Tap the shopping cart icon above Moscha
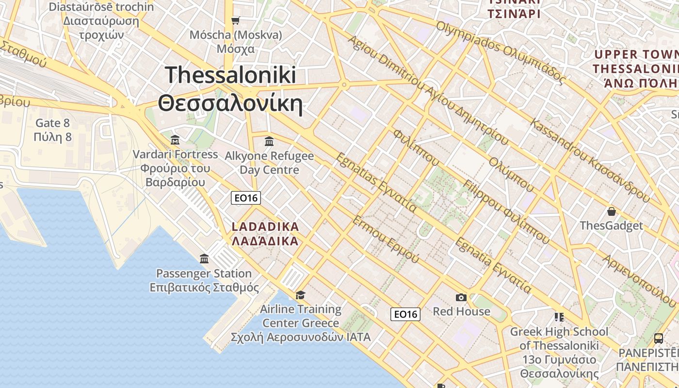(x=235, y=20)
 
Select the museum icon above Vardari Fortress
(x=175, y=140)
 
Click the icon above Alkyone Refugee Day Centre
(x=269, y=141)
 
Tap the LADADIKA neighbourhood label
(x=265, y=233)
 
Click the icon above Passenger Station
(x=204, y=259)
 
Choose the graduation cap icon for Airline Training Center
(x=301, y=295)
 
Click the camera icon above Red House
(x=461, y=297)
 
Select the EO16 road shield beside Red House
(x=405, y=314)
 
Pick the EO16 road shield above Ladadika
(x=246, y=198)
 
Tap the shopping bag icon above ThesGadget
(x=612, y=211)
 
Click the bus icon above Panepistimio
(x=658, y=338)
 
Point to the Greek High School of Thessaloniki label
(x=559, y=353)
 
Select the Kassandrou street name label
(x=590, y=160)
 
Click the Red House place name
(x=461, y=311)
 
